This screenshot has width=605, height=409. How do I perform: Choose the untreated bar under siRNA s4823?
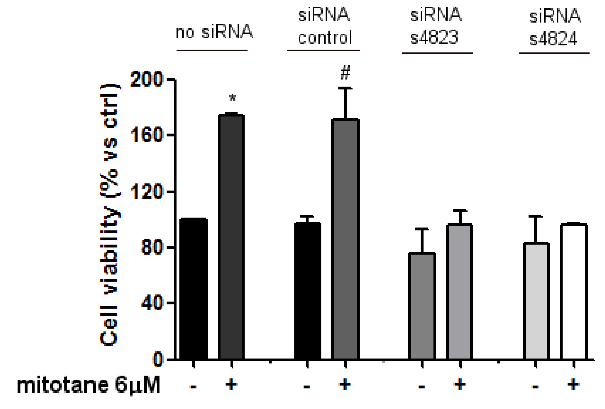422,306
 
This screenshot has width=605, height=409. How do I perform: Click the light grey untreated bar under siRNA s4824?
536,301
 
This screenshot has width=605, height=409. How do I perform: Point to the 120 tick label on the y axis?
147,192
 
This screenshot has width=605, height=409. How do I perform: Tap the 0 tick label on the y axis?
158,359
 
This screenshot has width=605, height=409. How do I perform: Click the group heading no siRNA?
214,32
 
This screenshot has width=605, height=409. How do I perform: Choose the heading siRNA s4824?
555,27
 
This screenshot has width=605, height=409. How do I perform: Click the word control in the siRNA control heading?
325,38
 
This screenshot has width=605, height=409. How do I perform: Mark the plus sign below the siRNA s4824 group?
574,384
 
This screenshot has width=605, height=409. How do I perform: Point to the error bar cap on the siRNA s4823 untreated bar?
422,229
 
